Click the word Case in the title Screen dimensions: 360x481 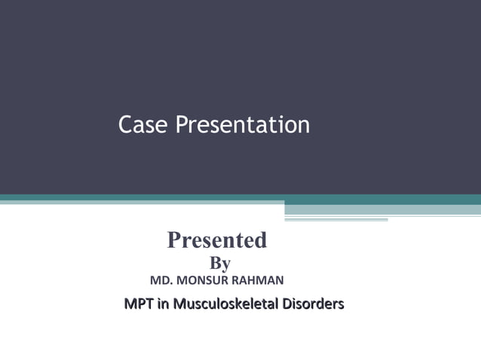[x=144, y=125]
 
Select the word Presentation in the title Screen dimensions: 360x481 [x=243, y=125]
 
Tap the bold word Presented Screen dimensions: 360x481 [x=217, y=240]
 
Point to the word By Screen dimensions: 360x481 [x=219, y=263]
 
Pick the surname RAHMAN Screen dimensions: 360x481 [x=260, y=281]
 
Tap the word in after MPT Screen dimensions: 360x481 [x=163, y=304]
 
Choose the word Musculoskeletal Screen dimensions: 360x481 [x=225, y=304]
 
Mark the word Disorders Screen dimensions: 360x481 [x=313, y=304]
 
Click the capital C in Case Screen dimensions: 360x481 [x=126, y=125]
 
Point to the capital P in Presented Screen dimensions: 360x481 [x=174, y=240]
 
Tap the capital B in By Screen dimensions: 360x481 [x=214, y=263]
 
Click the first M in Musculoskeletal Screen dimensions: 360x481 [x=179, y=304]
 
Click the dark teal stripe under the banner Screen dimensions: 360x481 [x=226, y=198]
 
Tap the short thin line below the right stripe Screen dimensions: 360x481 [x=336, y=220]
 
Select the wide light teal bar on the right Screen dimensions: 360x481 [x=382, y=209]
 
